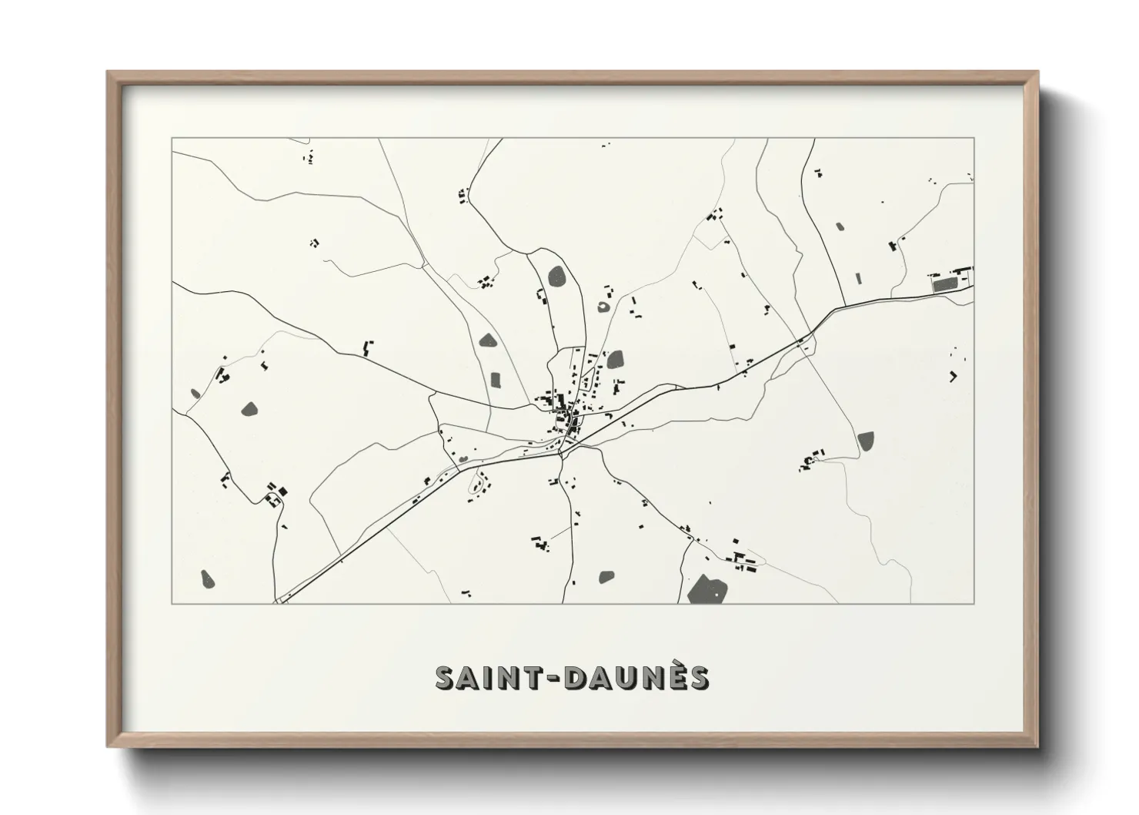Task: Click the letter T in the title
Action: pos(536,678)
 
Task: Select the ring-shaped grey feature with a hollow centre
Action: pos(603,307)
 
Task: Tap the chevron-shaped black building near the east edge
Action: pos(954,376)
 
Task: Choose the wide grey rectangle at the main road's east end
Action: pos(946,284)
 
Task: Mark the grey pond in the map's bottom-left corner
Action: pos(206,577)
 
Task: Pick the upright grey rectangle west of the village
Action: pos(496,379)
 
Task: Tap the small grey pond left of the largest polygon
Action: pos(606,576)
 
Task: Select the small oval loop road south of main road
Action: pos(480,484)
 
